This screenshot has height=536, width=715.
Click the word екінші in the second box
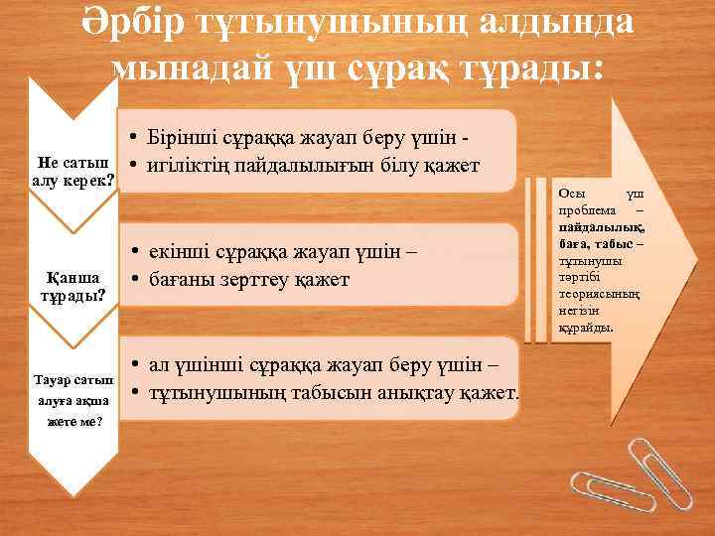tap(181, 253)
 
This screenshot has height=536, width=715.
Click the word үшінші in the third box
tap(211, 367)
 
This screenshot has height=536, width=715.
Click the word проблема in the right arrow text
tap(586, 210)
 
